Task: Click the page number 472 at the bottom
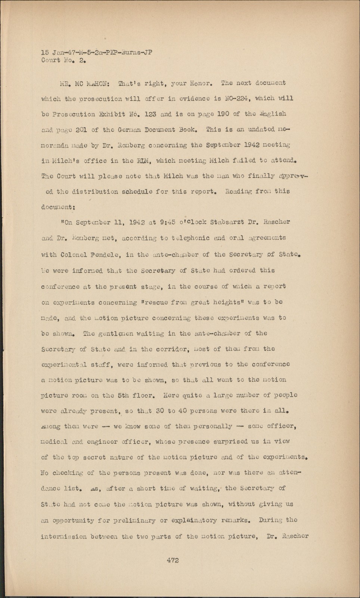[x=173, y=560]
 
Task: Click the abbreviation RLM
[x=142, y=161]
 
